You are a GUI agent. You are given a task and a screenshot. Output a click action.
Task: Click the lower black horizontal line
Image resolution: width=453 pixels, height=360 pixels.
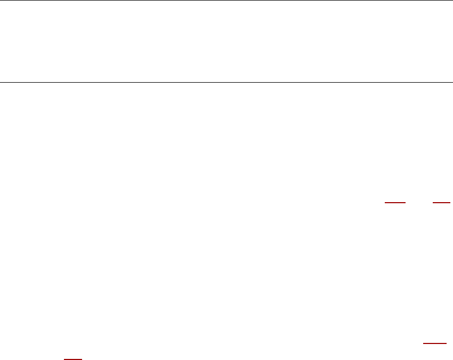pyautogui.click(x=226, y=83)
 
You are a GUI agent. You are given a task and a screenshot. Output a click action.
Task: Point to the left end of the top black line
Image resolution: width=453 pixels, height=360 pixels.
pyautogui.click(x=0, y=1)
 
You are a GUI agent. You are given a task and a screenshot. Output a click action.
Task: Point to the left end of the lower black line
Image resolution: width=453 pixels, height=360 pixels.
pyautogui.click(x=0, y=83)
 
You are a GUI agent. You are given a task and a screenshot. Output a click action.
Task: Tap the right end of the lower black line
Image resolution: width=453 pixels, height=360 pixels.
pyautogui.click(x=452, y=83)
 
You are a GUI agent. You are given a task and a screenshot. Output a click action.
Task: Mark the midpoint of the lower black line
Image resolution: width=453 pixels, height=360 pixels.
pyautogui.click(x=226, y=83)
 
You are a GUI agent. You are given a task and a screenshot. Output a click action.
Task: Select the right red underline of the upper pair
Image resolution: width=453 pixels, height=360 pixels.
pyautogui.click(x=442, y=203)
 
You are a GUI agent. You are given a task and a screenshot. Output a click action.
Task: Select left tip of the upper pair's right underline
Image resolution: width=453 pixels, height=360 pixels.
pyautogui.click(x=433, y=203)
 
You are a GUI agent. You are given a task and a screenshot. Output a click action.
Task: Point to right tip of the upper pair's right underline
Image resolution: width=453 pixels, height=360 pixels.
pyautogui.click(x=451, y=203)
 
